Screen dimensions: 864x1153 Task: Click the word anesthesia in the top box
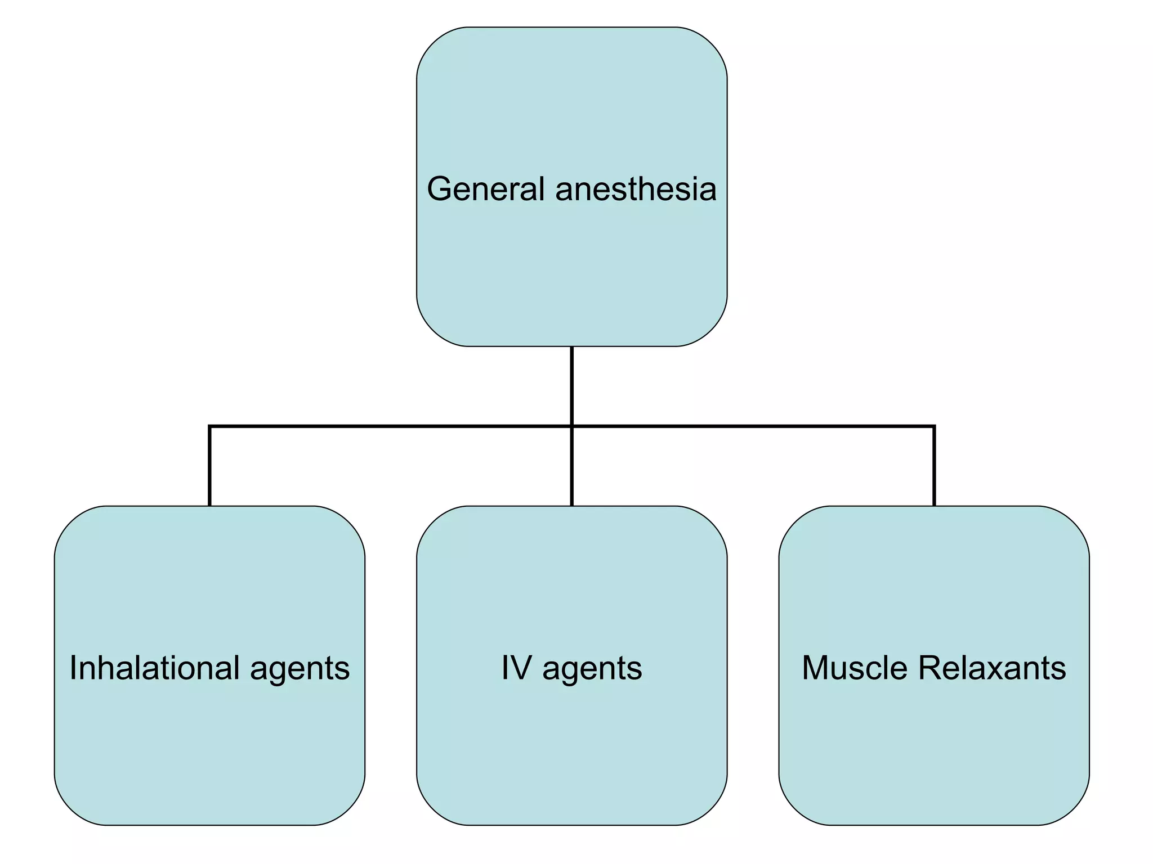[636, 189]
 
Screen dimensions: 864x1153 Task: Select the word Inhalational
[155, 668]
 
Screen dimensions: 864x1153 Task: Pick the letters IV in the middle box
[516, 668]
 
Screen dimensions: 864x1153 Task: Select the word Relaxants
[991, 668]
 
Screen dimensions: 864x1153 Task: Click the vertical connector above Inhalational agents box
[209, 467]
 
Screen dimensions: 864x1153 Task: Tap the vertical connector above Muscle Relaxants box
[934, 467]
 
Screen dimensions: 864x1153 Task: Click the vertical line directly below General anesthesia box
[571, 385]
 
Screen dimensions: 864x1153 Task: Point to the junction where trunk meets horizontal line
[571, 426]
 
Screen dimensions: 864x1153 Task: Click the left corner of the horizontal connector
[209, 426]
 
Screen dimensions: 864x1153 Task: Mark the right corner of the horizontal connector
[934, 426]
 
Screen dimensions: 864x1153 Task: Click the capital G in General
[439, 189]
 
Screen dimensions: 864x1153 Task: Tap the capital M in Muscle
[815, 668]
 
